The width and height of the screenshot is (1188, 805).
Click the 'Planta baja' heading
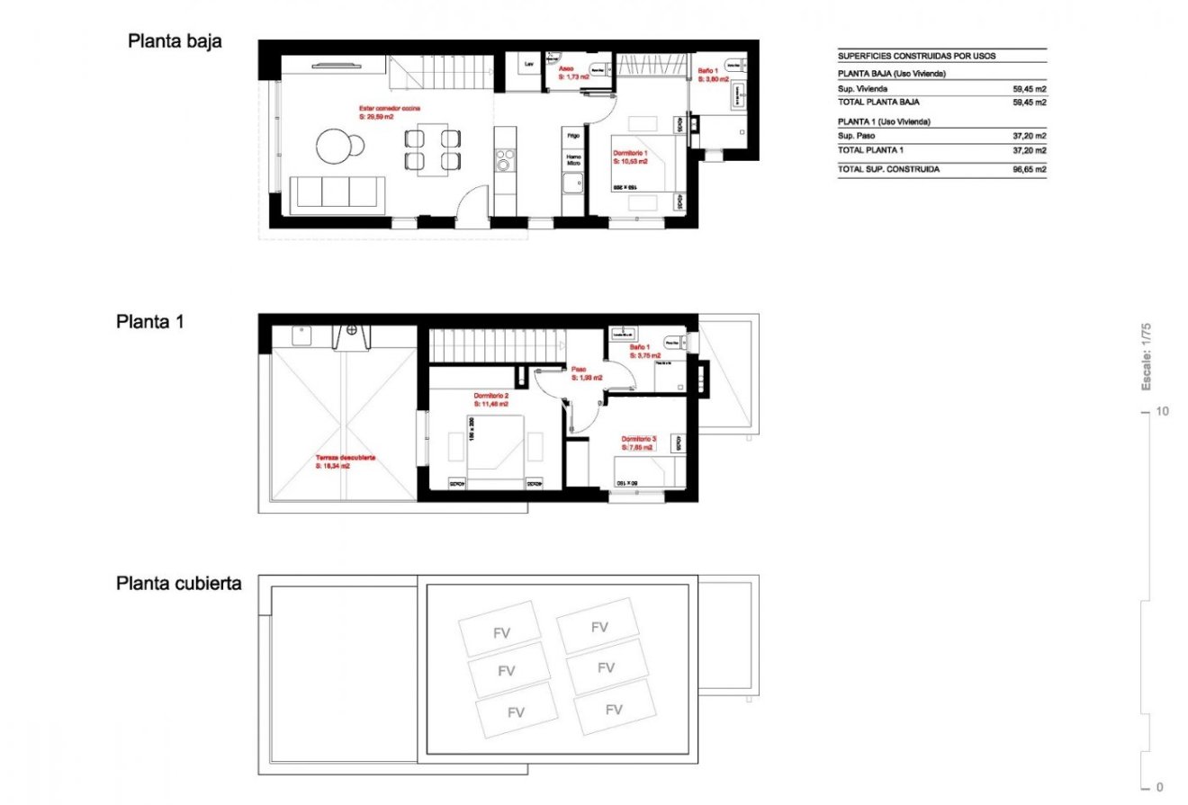[x=175, y=41]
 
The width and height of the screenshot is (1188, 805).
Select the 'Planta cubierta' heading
[x=179, y=583]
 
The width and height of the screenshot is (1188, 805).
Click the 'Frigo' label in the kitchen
[x=572, y=135]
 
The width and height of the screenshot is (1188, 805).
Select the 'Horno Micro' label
[x=572, y=160]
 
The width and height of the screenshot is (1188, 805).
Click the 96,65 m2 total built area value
[x=1029, y=169]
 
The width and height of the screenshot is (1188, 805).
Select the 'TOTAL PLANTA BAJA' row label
[x=878, y=103]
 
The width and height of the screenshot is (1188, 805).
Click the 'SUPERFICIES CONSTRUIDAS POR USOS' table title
[x=916, y=56]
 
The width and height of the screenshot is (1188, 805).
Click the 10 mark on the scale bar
[x=1163, y=412]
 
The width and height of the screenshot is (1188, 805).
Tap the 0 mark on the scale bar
[x=1161, y=786]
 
